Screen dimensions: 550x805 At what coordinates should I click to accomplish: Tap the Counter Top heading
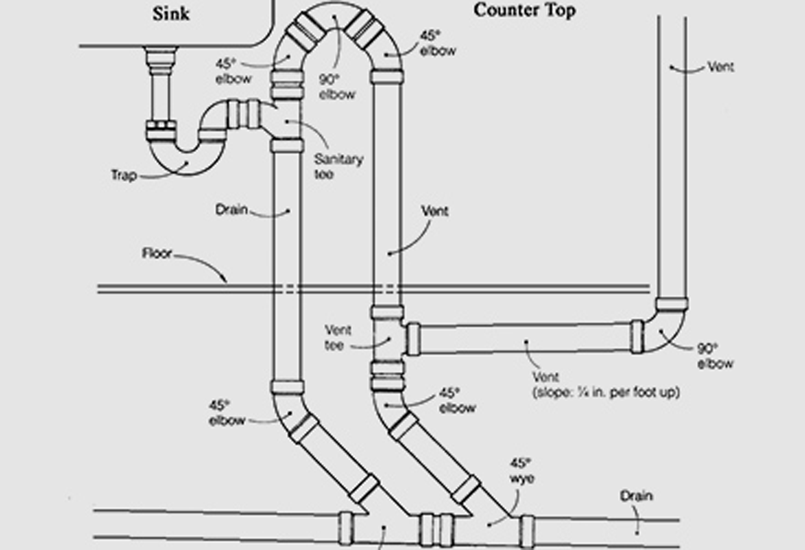click(x=524, y=10)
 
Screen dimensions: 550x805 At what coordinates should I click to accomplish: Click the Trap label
click(x=124, y=175)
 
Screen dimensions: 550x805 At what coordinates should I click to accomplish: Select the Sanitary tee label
click(x=339, y=167)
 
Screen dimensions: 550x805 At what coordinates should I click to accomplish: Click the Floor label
click(x=157, y=253)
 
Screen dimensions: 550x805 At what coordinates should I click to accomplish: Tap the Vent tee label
click(x=338, y=338)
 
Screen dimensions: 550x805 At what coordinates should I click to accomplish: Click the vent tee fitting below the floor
click(x=388, y=339)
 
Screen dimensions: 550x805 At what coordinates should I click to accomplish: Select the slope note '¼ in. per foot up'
click(x=606, y=393)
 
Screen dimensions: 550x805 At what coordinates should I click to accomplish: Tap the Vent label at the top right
click(x=720, y=67)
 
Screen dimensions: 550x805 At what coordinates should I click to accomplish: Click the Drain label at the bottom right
click(x=636, y=495)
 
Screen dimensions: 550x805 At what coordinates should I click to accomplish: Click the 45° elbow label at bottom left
click(x=227, y=412)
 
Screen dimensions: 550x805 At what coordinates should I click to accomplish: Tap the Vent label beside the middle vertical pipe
click(x=434, y=211)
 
